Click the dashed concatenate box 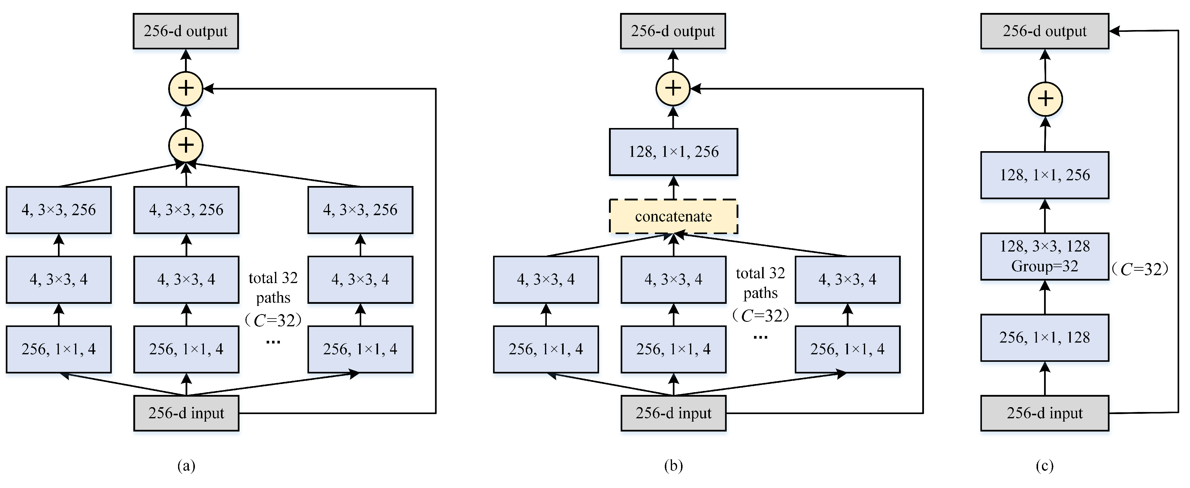point(673,216)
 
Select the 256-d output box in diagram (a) point(186,31)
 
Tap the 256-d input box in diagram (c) point(1044,413)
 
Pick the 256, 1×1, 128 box point(1044,337)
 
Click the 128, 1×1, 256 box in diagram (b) point(673,151)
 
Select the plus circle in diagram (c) point(1045,99)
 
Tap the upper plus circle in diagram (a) point(186,88)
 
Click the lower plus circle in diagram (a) point(186,145)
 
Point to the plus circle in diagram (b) point(673,88)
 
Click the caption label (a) point(186,465)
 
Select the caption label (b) point(673,465)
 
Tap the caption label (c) point(1044,465)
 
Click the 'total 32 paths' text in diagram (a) point(273,288)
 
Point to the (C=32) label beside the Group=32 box point(1140,269)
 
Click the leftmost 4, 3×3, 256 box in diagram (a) point(59,210)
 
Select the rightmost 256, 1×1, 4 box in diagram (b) point(847,349)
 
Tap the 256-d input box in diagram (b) point(673,413)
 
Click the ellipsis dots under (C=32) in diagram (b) point(760,337)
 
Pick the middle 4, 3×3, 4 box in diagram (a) point(186,279)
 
